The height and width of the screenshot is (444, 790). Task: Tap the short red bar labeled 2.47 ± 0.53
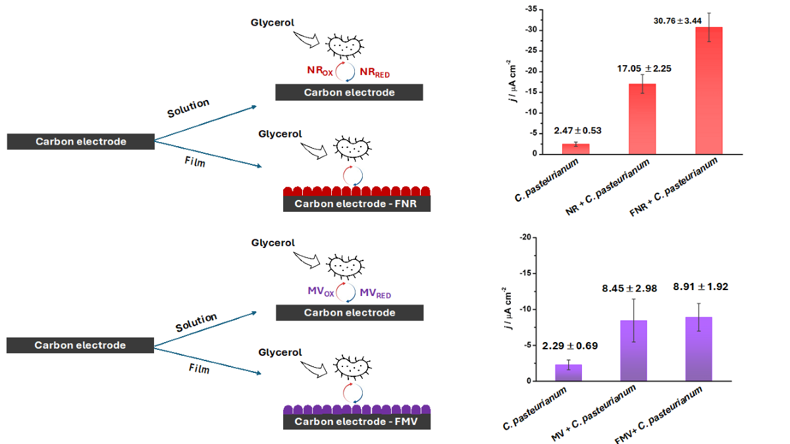(x=575, y=149)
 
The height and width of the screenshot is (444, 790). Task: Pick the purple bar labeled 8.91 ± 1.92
(x=698, y=349)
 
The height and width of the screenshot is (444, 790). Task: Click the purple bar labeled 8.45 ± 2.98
(x=634, y=351)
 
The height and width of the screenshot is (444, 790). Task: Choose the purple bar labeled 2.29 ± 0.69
(x=568, y=372)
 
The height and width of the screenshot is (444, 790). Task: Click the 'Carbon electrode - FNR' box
(x=356, y=204)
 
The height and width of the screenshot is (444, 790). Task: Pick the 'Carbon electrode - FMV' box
(x=356, y=422)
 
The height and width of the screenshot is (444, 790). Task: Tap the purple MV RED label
(x=375, y=292)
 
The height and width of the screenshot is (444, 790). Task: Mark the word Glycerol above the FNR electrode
(x=280, y=134)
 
